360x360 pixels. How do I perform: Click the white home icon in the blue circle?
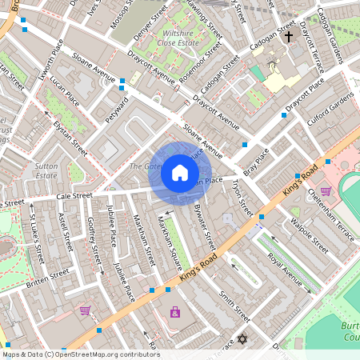tap(180, 173)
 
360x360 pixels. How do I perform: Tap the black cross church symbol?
tap(288, 59)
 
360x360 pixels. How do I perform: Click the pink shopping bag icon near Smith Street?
tap(175, 311)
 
